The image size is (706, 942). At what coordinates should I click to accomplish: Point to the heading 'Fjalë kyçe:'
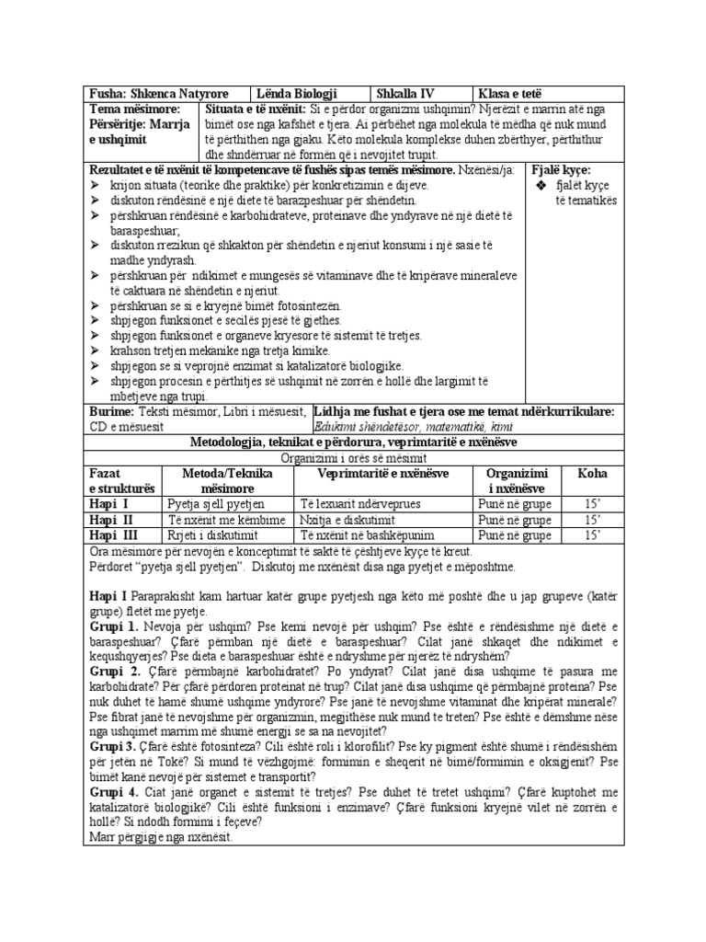point(562,170)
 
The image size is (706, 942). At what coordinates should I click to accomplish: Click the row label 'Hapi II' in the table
point(109,520)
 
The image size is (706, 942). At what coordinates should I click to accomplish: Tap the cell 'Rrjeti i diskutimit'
point(212,534)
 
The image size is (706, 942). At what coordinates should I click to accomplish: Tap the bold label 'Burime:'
point(110,411)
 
